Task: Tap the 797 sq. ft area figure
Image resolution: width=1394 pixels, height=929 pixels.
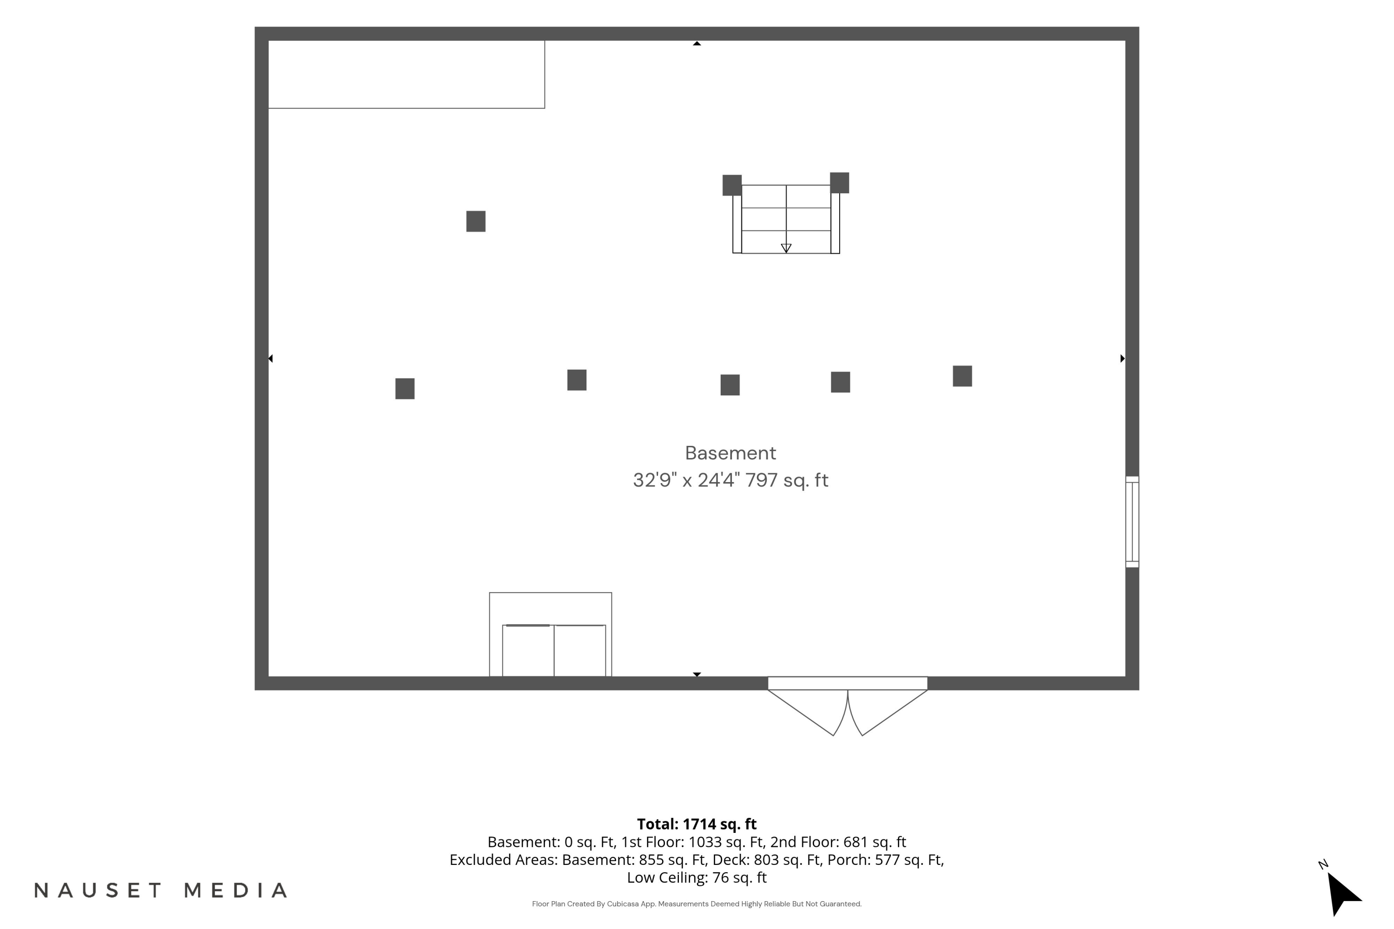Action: pyautogui.click(x=787, y=480)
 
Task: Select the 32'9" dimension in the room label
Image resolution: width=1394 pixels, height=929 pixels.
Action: pyautogui.click(x=652, y=480)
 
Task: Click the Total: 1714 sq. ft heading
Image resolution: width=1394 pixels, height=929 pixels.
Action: pyautogui.click(x=697, y=824)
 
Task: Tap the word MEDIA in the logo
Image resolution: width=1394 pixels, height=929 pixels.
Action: pyautogui.click(x=236, y=890)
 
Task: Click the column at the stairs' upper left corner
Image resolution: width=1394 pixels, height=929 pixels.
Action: pyautogui.click(x=732, y=185)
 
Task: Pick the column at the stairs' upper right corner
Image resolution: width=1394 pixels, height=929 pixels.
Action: pyautogui.click(x=839, y=183)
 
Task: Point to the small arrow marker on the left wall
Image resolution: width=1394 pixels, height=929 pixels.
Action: pyautogui.click(x=270, y=359)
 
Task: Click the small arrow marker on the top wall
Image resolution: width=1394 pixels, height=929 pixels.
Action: pyautogui.click(x=697, y=43)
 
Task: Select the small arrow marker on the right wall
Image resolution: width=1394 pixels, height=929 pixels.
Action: pyautogui.click(x=1123, y=359)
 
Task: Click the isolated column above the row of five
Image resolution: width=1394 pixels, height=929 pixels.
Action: pyautogui.click(x=476, y=222)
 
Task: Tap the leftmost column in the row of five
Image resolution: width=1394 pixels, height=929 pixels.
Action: pyautogui.click(x=405, y=389)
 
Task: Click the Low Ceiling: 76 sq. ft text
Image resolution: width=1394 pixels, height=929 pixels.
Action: pyautogui.click(x=697, y=877)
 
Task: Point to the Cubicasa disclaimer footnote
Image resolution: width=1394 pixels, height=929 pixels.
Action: pyautogui.click(x=697, y=903)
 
